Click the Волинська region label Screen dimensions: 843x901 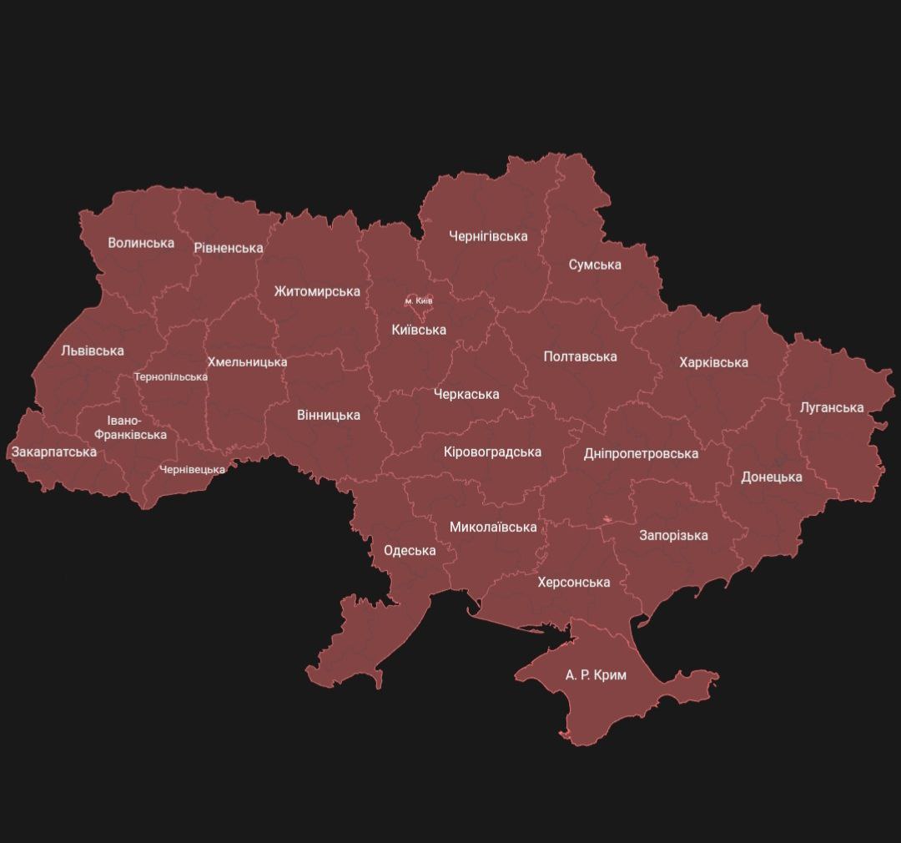coord(141,243)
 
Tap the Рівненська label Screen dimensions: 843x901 coord(229,248)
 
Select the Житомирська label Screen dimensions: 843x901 coord(317,291)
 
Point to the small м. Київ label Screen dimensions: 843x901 coord(419,300)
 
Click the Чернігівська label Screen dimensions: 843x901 coord(488,236)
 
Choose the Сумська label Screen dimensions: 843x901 coord(595,265)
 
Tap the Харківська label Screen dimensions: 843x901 coord(713,362)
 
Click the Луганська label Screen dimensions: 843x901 coord(831,407)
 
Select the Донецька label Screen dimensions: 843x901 coord(772,477)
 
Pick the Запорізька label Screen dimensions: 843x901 coord(673,535)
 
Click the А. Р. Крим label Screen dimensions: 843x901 coord(596,674)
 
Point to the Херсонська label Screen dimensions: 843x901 coord(573,582)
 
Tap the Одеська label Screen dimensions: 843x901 coord(410,550)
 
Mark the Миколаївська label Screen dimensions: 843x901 coord(492,527)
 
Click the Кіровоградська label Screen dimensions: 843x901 coord(492,452)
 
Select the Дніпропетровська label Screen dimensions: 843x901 coord(641,453)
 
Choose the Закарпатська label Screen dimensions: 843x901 coord(53,452)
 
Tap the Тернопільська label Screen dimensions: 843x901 coord(171,376)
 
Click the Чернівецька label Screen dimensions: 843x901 coord(193,469)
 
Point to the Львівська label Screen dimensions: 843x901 coord(93,351)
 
